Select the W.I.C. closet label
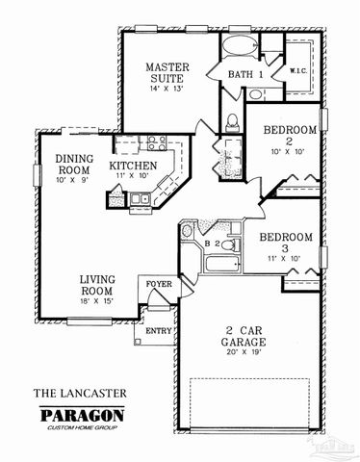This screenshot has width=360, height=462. tap(297, 70)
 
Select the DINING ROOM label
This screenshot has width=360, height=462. tap(74, 165)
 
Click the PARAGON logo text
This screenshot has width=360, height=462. tap(81, 415)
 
